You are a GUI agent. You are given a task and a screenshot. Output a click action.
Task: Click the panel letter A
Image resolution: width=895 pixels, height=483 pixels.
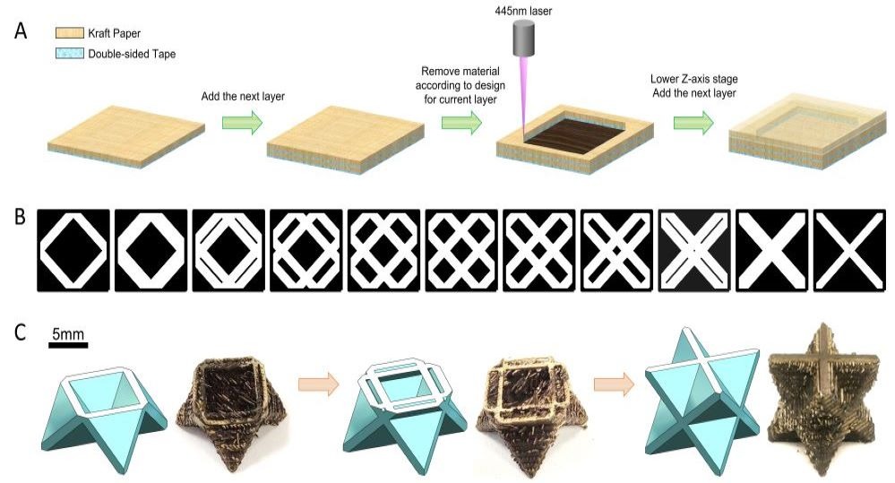tap(21, 30)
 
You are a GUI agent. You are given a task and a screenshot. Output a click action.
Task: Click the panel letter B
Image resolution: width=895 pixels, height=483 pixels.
tap(20, 217)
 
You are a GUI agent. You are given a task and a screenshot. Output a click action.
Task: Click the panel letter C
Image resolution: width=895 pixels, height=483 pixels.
tap(20, 332)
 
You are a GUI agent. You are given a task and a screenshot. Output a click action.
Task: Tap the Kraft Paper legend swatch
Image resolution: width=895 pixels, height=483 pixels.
tap(70, 33)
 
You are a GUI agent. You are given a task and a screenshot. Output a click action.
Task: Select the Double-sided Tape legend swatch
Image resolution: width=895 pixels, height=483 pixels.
tap(70, 54)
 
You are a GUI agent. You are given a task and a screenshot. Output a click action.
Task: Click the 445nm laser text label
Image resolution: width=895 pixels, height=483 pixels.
tap(523, 11)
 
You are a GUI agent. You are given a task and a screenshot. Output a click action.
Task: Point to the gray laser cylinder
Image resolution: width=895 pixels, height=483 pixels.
tap(523, 39)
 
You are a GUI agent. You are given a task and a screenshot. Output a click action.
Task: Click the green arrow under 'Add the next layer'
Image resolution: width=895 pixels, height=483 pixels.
tap(242, 122)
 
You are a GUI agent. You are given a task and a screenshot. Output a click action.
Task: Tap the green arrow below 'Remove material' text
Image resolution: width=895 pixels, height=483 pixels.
tap(461, 122)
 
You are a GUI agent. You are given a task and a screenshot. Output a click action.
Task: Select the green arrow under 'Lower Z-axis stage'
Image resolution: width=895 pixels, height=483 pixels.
tap(693, 122)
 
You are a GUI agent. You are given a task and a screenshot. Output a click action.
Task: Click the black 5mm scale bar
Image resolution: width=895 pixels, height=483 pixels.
tap(68, 345)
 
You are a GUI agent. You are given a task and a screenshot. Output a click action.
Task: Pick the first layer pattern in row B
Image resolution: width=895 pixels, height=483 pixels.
tap(73, 251)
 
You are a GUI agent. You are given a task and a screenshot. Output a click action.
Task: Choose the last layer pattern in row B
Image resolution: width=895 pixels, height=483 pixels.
tap(849, 251)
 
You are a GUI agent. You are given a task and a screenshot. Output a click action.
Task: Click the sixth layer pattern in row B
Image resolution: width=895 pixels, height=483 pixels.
tap(461, 251)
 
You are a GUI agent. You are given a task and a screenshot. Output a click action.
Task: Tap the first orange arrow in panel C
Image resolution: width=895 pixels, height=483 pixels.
tap(319, 384)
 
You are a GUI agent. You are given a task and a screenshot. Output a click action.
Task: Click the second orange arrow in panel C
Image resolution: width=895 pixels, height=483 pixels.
tap(615, 384)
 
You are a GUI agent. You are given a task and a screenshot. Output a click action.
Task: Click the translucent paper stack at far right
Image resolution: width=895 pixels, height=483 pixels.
tap(807, 133)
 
